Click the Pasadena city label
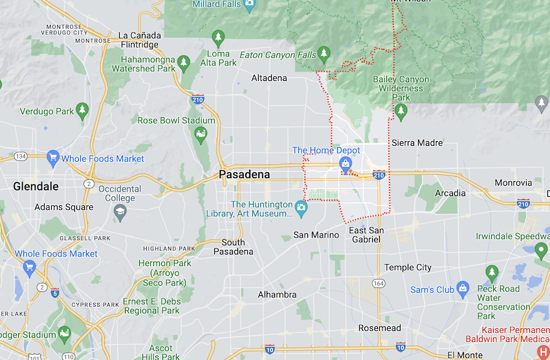[x=243, y=175]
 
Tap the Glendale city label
[x=36, y=186]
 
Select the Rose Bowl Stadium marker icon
[x=201, y=135]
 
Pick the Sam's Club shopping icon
[x=463, y=289]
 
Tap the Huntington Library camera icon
[x=301, y=207]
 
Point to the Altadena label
[x=269, y=78]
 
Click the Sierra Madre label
[x=417, y=142]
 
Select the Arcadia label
[x=450, y=193]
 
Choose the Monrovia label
[x=513, y=183]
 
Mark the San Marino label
[x=316, y=235]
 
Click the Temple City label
[x=408, y=267]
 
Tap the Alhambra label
[x=277, y=295]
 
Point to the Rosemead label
[x=380, y=328]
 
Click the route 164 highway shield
[x=377, y=284]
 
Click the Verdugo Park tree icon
[x=82, y=111]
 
